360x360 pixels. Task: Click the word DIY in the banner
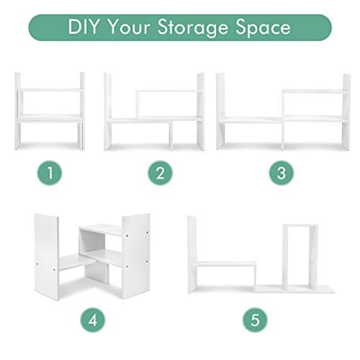pos(83,27)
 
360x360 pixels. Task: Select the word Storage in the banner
pos(193,28)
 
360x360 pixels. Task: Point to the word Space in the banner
pos(263,28)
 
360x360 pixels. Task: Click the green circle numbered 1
pos(50,173)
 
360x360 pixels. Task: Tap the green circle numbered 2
pos(160,173)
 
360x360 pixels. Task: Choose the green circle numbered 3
pos(282,173)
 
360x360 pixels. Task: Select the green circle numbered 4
pos(93,320)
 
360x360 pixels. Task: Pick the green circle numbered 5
pos(255,320)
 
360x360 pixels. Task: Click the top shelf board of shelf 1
pos(50,90)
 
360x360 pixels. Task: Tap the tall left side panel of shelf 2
pos(108,112)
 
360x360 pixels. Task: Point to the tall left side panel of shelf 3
pos(220,111)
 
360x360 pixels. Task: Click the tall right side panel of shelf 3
pos(346,112)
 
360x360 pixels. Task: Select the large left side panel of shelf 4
pos(47,257)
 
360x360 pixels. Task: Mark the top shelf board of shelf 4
pos(101,230)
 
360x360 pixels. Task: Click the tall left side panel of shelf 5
pos(192,254)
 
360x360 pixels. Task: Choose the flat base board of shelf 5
pos(294,289)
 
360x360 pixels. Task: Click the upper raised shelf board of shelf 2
pos(167,91)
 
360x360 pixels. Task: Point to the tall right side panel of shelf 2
pos(201,112)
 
